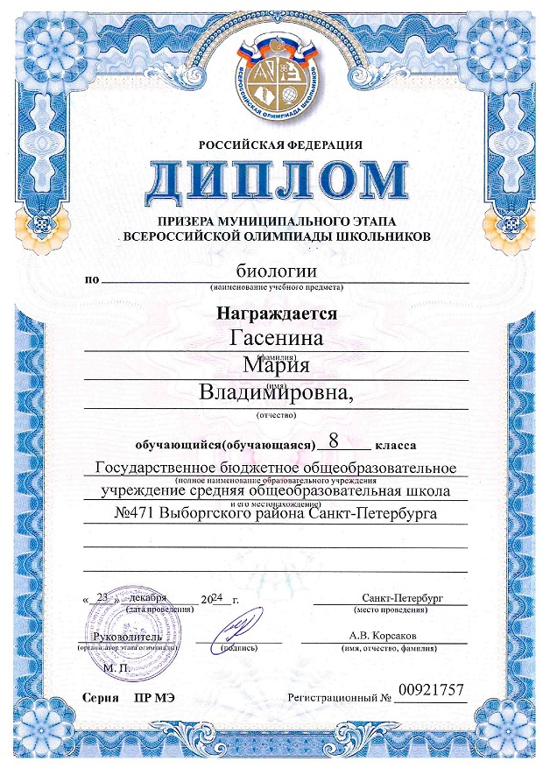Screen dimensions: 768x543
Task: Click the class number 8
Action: (331, 440)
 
